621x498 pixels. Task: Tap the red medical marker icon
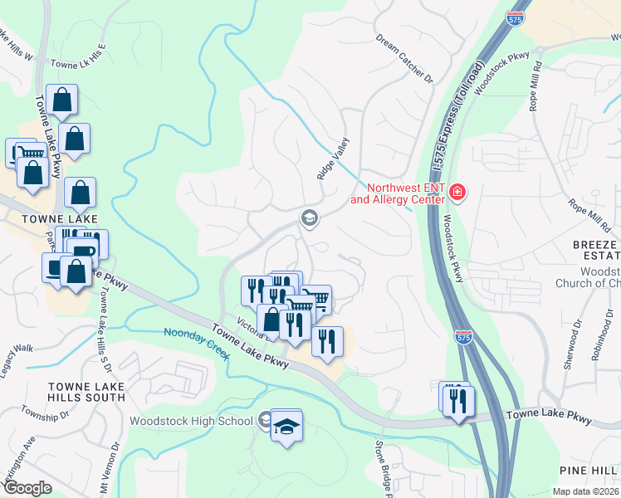pos(456,193)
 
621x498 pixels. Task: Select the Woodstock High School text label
pos(191,421)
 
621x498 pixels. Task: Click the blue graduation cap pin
pos(286,426)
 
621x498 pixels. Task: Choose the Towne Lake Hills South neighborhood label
pos(86,392)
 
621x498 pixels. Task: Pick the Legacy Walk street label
pos(17,349)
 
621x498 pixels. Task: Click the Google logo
pos(27,487)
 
